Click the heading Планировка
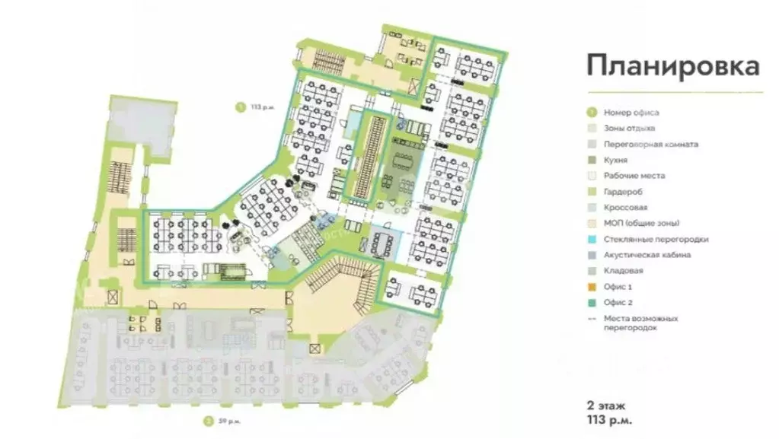672,65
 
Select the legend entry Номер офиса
631,113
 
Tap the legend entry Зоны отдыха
629,129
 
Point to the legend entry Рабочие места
634,176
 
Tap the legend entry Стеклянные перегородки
656,239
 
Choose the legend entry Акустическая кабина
647,255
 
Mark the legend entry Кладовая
623,271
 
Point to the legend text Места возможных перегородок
640,323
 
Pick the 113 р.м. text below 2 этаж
610,418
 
